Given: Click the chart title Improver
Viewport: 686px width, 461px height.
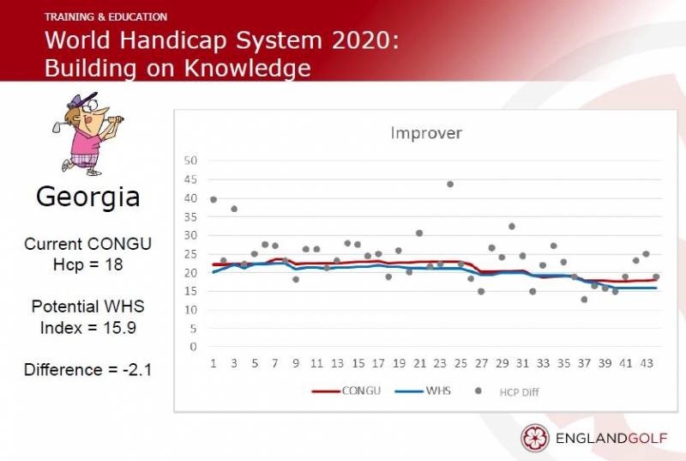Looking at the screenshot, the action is tap(426, 133).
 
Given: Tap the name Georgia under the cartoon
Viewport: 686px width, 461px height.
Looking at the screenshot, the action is tap(88, 197).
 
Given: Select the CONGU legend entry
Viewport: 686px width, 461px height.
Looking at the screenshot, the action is tap(346, 391).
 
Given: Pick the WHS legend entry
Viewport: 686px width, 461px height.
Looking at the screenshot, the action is tap(423, 391).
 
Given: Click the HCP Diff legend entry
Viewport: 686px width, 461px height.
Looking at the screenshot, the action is tap(508, 391).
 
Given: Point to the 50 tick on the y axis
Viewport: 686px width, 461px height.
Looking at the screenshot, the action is tap(190, 161).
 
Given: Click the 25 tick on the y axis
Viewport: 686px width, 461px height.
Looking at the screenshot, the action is tap(190, 254).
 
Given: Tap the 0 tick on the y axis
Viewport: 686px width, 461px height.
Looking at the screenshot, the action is tap(194, 347).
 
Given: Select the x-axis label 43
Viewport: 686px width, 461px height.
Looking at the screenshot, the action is tap(647, 363).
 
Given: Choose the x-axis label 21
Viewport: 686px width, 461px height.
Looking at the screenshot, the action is tap(419, 363).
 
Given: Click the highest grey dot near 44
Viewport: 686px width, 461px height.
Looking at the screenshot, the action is tap(450, 185).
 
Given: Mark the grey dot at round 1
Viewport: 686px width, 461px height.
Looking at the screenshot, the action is tap(214, 200).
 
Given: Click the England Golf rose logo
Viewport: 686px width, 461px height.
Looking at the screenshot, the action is tap(534, 437).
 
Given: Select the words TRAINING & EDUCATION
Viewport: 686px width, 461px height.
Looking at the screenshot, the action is tap(105, 17).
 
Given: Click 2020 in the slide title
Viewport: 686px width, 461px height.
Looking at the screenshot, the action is tap(365, 40).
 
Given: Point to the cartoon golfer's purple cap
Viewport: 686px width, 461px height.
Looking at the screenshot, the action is tap(82, 100).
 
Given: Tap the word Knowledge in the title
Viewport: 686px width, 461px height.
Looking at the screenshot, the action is tap(248, 69).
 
